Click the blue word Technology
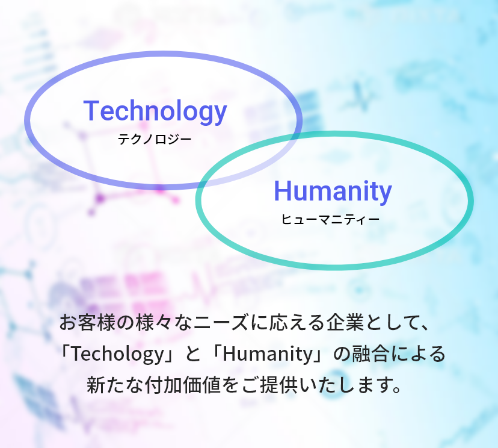tap(155, 111)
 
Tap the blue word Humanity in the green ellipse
tap(333, 191)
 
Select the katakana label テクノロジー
tap(155, 139)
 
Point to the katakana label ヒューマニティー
tap(330, 219)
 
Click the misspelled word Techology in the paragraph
tap(117, 354)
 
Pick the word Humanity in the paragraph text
tap(268, 354)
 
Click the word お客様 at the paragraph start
tap(87, 322)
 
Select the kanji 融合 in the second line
tap(366, 353)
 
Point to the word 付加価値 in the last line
tap(182, 385)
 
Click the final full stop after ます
tap(397, 389)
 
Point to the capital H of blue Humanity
tap(282, 191)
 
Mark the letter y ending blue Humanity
tap(386, 195)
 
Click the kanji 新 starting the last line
tap(96, 385)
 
